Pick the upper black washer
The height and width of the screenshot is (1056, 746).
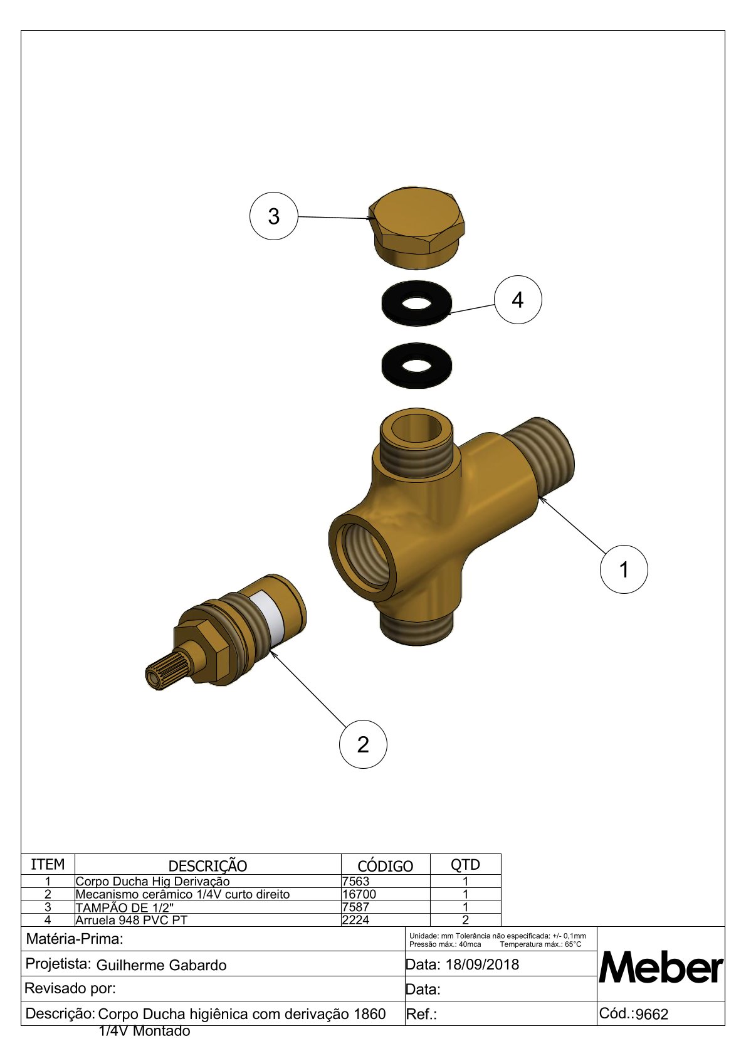[417, 303]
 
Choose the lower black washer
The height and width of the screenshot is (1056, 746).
[417, 366]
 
